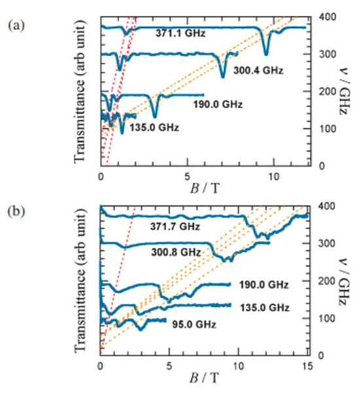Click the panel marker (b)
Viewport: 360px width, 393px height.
tap(14, 213)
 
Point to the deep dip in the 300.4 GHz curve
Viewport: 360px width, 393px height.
tap(223, 75)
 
